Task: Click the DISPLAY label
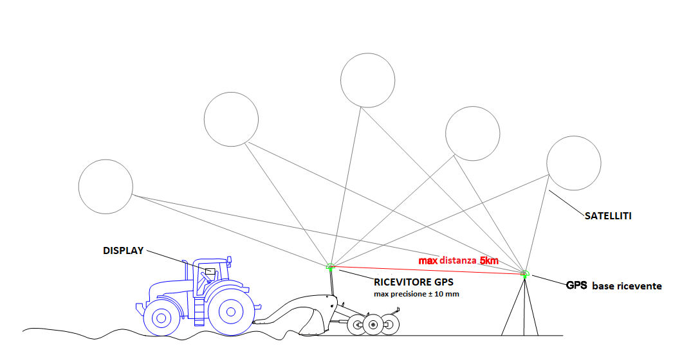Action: coord(123,251)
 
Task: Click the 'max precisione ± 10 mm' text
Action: coord(416,294)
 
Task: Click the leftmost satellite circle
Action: coord(106,187)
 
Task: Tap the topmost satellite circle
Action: coord(367,80)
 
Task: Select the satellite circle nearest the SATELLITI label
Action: coord(573,163)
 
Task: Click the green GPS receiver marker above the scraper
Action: coord(330,266)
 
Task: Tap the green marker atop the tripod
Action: coord(525,275)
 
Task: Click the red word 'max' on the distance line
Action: coord(428,261)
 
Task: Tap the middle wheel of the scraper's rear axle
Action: coord(373,325)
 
